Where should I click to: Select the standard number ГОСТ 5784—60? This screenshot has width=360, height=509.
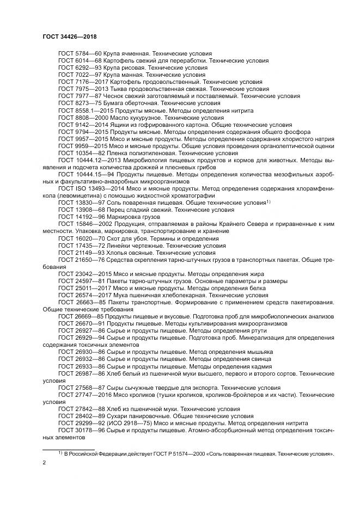click(76, 53)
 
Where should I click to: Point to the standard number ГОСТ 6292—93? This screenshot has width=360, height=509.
click(76, 68)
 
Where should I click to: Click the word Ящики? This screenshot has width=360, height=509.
click(120, 124)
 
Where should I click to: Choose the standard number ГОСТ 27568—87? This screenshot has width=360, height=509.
click(78, 388)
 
